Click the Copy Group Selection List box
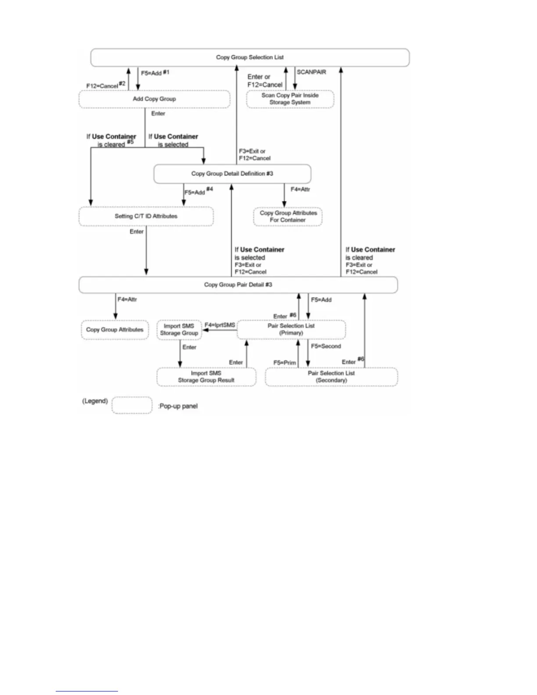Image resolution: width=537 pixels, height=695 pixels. point(250,57)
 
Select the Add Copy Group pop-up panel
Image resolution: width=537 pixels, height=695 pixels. point(154,99)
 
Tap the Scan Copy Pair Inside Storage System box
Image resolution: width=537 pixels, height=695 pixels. point(290,99)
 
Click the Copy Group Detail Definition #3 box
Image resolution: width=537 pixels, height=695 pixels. point(232,174)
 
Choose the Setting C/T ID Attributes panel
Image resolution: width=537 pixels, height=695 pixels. point(146,216)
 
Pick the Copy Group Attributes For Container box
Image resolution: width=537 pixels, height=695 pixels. point(288,216)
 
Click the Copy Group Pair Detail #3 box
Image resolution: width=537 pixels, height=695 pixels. point(238,285)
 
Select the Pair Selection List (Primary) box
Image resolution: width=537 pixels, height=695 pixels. point(291,330)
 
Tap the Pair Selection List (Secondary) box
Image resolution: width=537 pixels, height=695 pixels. point(331,377)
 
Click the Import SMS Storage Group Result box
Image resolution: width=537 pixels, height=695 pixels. point(206,377)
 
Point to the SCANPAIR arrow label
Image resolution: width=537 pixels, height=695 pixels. point(311,72)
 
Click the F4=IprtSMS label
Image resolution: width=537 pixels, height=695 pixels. point(220,325)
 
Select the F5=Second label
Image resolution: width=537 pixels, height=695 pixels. point(326,346)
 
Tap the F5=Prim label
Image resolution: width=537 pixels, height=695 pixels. point(285,363)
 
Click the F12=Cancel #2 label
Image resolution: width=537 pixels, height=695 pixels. point(106,85)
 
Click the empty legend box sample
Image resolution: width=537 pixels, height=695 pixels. point(132,405)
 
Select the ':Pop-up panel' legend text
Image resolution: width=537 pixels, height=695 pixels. point(178,406)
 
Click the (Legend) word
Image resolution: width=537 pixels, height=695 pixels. point(95,401)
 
